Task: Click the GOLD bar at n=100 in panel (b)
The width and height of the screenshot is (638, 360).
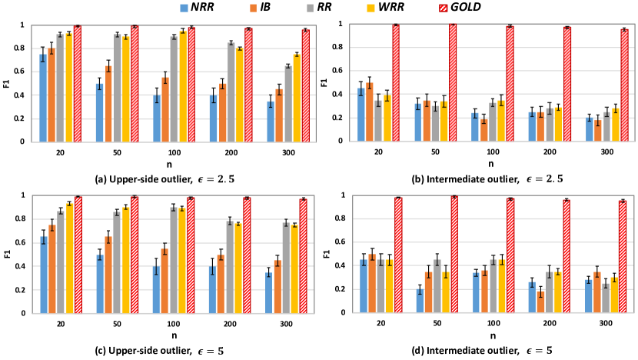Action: click(x=509, y=84)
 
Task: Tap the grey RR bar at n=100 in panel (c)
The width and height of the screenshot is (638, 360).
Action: click(x=174, y=249)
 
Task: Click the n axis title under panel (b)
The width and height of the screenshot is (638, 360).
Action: click(x=488, y=164)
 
